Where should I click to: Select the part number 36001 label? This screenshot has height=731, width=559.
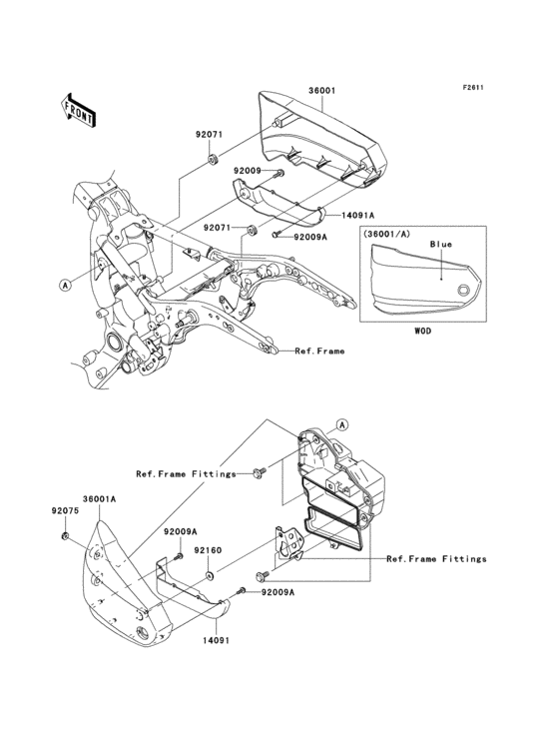[320, 89]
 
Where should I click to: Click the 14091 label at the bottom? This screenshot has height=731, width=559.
[218, 640]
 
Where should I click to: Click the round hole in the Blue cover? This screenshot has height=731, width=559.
[463, 291]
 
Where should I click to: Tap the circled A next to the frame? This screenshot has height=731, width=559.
[65, 284]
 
